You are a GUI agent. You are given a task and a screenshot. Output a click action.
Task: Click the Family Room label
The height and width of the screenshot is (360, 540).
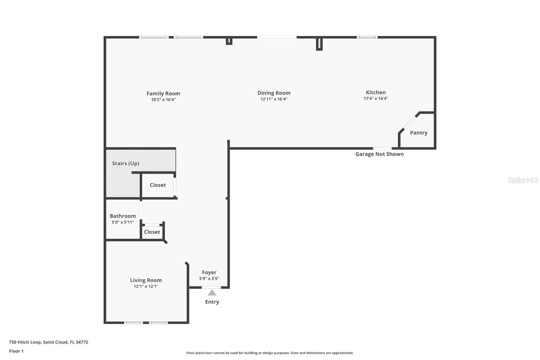163,94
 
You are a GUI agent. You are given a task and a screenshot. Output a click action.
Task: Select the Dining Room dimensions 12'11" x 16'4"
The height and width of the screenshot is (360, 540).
274,99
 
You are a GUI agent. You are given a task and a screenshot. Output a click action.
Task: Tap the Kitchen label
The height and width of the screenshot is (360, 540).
376,93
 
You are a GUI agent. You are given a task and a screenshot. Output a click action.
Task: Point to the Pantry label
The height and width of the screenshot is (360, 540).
418,133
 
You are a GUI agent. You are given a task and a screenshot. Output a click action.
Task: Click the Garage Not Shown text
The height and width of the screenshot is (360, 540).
379,154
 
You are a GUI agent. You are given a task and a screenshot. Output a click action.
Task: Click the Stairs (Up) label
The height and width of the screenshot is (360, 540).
126,163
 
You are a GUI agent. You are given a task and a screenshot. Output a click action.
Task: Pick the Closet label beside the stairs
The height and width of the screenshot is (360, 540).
158,185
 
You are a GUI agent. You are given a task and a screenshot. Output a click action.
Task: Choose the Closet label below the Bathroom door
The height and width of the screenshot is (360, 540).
152,232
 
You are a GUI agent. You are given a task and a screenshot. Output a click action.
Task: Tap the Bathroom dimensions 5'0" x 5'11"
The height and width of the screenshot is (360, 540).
123,222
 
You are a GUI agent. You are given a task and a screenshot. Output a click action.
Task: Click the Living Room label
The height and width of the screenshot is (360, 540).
146,280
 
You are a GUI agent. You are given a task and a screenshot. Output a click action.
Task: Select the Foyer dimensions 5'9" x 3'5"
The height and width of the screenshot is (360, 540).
209,279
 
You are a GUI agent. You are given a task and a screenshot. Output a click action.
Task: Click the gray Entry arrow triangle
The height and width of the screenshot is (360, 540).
212,293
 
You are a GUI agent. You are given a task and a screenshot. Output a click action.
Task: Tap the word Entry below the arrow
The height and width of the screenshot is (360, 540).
212,302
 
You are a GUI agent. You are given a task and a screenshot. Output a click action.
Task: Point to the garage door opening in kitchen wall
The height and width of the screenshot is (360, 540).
382,148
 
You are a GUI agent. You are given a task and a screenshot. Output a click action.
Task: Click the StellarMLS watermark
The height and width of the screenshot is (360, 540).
523,180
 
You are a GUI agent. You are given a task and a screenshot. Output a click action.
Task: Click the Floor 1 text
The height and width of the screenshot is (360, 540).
16,351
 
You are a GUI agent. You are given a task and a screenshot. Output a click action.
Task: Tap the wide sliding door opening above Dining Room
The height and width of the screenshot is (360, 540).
277,37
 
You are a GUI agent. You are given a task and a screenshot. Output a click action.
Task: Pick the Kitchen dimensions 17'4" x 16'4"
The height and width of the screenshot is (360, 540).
376,99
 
